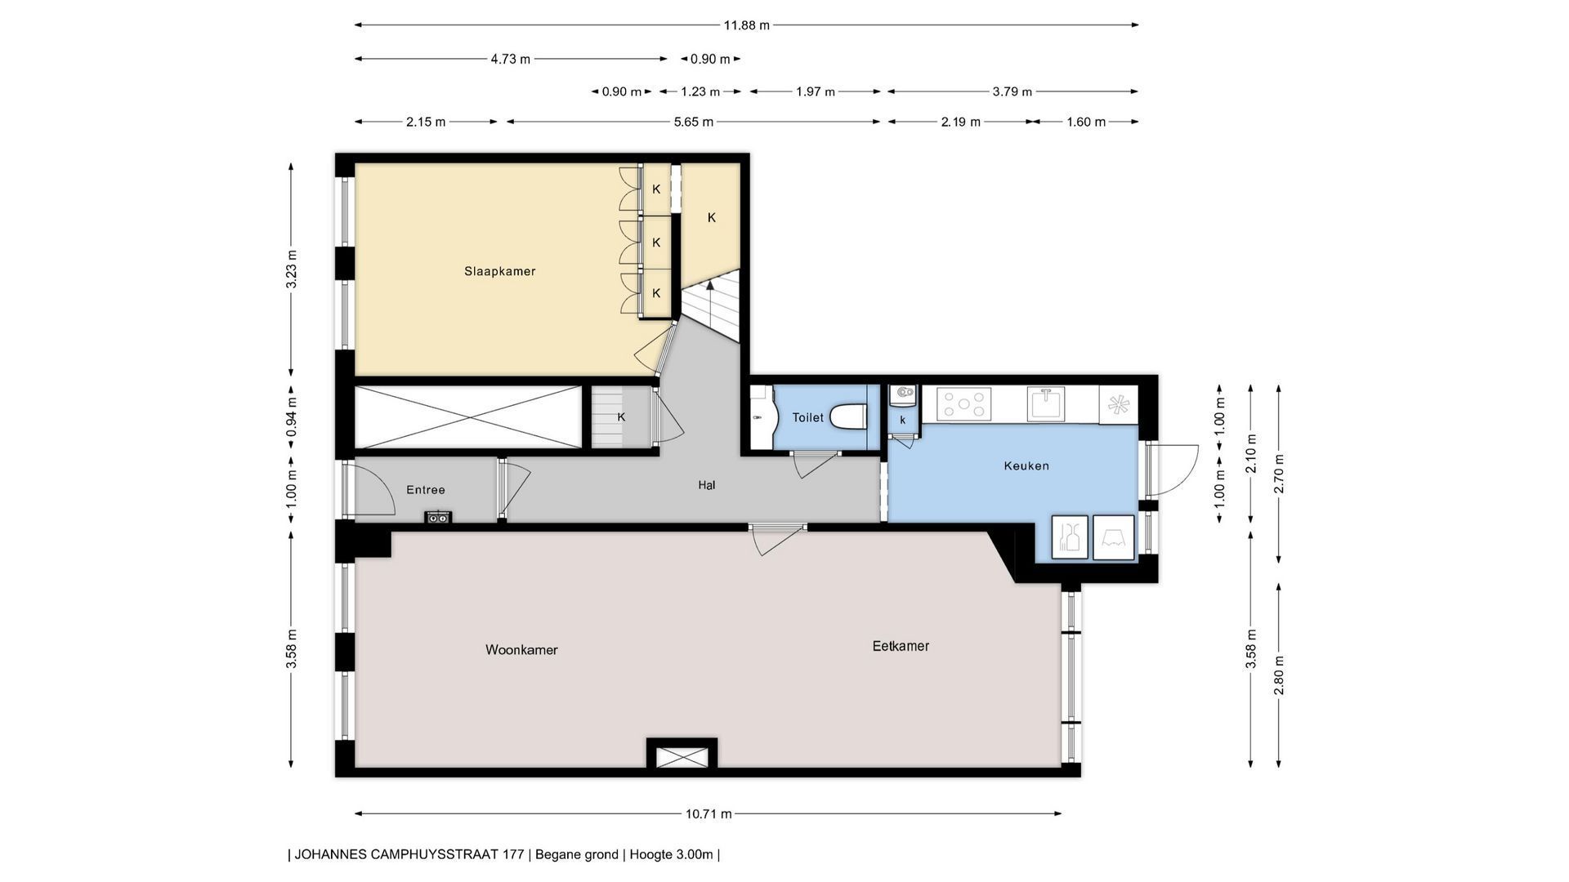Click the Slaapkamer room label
click(x=499, y=271)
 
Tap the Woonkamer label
click(x=521, y=650)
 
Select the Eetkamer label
click(x=901, y=646)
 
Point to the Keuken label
click(x=1026, y=465)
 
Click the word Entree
click(x=426, y=490)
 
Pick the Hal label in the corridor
click(x=707, y=485)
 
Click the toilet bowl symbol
click(x=847, y=416)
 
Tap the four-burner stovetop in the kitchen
click(x=964, y=403)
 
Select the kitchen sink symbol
click(x=1046, y=403)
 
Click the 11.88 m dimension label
click(x=746, y=25)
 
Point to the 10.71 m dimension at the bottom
click(x=709, y=813)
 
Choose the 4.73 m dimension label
click(x=511, y=59)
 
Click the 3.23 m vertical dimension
click(x=292, y=270)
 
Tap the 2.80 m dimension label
click(x=1279, y=675)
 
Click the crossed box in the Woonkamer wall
click(x=682, y=757)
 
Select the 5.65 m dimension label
click(x=694, y=122)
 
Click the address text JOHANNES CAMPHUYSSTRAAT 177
click(x=409, y=855)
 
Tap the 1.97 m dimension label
click(x=816, y=91)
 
